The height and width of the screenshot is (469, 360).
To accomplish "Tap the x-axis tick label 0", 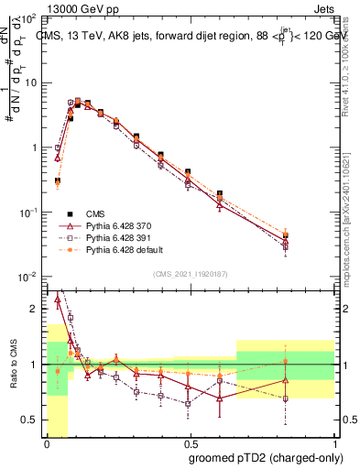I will (x=46, y=443).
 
